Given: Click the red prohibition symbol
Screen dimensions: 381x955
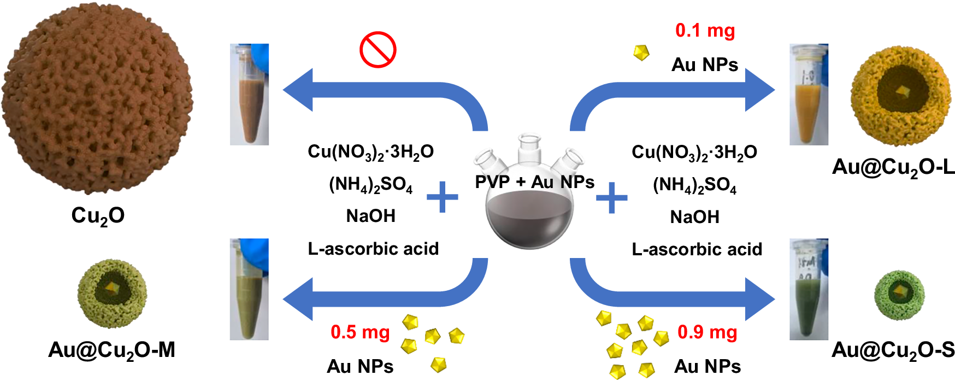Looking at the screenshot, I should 378,50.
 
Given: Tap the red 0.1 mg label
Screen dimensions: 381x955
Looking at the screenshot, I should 705,31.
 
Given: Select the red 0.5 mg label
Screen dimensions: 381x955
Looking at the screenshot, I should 360,332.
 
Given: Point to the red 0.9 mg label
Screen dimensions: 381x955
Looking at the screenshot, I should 707,332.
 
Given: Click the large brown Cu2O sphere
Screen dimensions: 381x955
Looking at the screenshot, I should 97,98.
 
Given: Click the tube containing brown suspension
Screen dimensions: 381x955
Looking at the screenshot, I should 250,94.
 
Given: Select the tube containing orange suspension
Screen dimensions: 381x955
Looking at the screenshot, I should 809,94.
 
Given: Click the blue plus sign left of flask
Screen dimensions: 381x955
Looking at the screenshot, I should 442,197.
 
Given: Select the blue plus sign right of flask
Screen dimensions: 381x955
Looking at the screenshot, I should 611,197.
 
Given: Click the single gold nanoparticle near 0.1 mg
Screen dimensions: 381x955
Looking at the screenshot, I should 641,52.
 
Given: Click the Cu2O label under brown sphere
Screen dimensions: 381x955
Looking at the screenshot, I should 98,216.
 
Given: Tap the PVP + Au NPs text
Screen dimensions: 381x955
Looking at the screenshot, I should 534,182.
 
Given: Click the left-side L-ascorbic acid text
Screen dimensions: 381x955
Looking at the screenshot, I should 373,249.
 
